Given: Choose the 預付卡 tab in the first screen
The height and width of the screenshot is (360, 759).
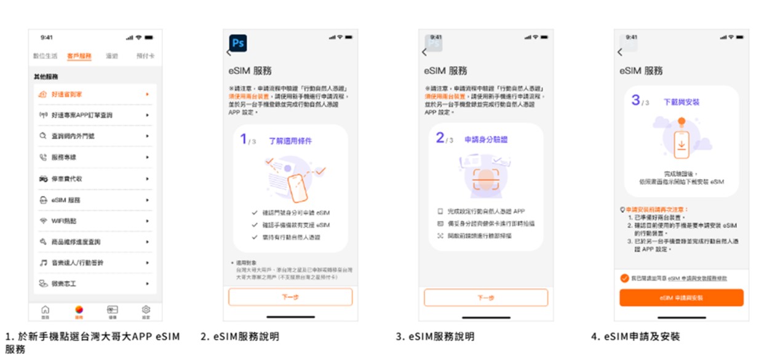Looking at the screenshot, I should coord(145,56).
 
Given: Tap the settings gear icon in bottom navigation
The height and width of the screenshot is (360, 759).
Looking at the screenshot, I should coord(146,310).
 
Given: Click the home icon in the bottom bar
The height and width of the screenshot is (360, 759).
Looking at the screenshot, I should coord(45,310).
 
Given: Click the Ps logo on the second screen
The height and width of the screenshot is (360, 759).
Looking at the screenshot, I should coord(238,43).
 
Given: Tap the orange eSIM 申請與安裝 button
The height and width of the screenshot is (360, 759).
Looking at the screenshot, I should coord(681,297).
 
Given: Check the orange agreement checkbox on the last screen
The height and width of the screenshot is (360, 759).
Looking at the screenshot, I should coord(625,278).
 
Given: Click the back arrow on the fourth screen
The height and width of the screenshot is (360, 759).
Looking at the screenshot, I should coord(620,52).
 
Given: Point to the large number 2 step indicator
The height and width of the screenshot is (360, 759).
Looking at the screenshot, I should coord(440,138).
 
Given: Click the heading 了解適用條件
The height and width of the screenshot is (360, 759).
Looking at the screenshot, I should coord(290,141).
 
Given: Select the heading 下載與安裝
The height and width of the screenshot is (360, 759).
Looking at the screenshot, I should coord(681,102).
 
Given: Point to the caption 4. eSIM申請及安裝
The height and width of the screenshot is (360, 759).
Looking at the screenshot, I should coord(635,337).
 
